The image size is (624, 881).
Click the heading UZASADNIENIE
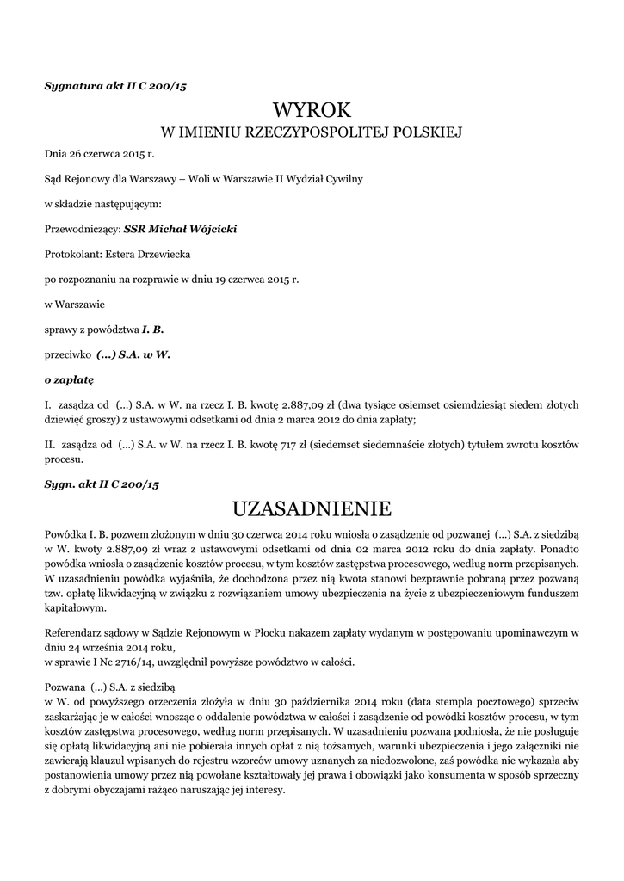click(312, 508)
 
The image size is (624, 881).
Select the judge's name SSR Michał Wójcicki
click(181, 229)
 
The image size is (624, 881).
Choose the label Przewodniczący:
click(82, 229)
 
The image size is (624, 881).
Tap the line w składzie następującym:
click(102, 204)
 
